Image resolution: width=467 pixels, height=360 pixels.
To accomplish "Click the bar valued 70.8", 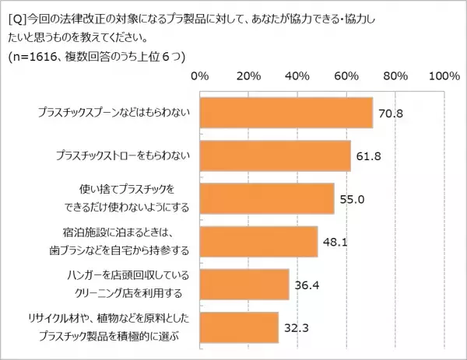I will pyautogui.click(x=286, y=113).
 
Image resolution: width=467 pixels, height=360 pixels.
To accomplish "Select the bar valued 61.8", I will pyautogui.click(x=276, y=156).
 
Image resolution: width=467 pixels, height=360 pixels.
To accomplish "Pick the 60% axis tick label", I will pyautogui.click(x=346, y=76).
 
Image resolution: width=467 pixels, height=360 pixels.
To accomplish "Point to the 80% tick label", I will pyautogui.click(x=395, y=76).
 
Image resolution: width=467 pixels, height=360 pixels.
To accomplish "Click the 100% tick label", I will pyautogui.click(x=444, y=76).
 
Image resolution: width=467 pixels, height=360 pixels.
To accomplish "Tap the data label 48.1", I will pyautogui.click(x=335, y=242).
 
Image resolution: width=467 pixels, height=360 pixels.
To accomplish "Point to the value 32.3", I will pyautogui.click(x=296, y=327).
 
